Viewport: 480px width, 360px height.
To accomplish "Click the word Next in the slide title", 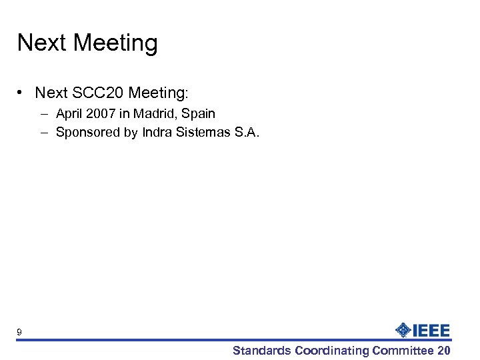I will (42, 43).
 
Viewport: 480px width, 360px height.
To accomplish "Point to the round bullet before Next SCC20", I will (23, 93).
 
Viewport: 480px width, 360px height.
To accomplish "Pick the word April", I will (71, 114).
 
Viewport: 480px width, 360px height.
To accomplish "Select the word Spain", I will (199, 114).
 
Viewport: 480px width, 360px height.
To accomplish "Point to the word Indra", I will (157, 132).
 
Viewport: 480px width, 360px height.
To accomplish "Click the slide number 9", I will (20, 332).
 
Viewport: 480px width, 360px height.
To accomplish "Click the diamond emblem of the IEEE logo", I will (404, 329).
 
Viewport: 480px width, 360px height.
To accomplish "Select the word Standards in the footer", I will (262, 351).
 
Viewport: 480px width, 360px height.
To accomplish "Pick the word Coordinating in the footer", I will (332, 351).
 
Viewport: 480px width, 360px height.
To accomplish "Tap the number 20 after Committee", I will (444, 351).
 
